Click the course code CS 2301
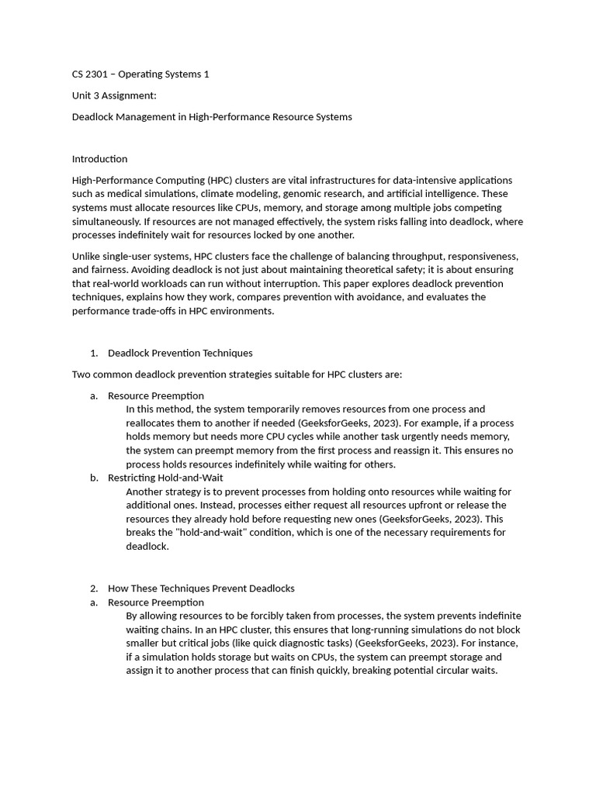[x=91, y=74]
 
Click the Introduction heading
[x=99, y=159]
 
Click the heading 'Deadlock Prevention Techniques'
[x=180, y=353]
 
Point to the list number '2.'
[x=94, y=589]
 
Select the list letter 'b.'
[x=94, y=478]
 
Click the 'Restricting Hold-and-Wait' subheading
[x=165, y=478]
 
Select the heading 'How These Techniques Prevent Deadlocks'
[x=201, y=589]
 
